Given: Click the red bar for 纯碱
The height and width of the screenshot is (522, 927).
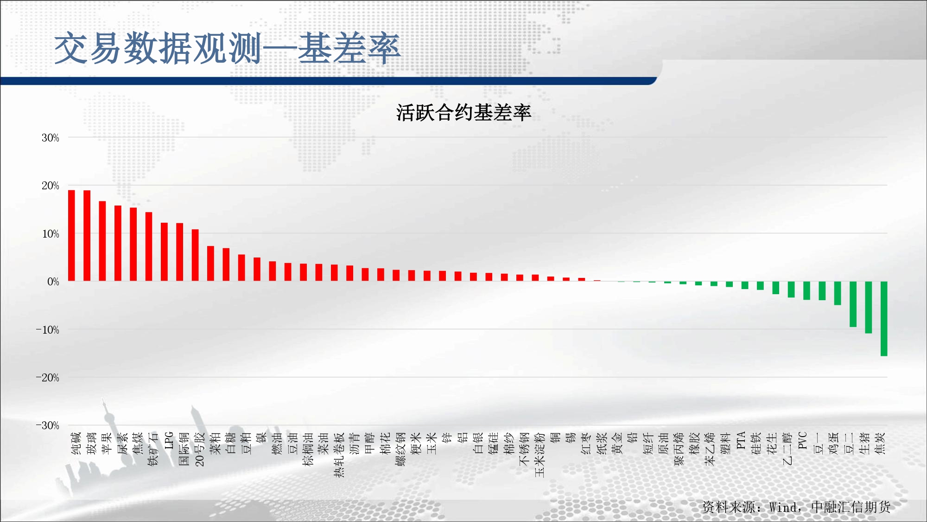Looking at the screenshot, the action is click(71, 236).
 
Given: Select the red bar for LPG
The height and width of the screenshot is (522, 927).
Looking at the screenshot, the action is click(164, 252).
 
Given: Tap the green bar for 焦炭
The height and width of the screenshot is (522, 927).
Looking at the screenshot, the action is click(884, 319).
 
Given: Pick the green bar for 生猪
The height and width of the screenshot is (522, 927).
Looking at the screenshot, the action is click(869, 308).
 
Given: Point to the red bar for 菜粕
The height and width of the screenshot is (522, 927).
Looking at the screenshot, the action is click(210, 264).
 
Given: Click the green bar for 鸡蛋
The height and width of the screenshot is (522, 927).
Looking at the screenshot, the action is click(838, 293).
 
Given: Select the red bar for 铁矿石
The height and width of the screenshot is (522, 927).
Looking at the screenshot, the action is click(149, 247).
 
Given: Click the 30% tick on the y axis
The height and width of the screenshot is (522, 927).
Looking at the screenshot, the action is click(51, 138).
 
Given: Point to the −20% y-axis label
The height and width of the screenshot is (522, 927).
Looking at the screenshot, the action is click(48, 378).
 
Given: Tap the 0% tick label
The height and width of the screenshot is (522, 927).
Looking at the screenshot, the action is click(53, 282).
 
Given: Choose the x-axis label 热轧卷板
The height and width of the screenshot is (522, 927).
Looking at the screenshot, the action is click(339, 455).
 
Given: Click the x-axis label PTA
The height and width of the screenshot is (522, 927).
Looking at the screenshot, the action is click(741, 440).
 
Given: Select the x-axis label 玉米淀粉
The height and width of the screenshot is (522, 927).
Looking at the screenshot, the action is click(540, 455).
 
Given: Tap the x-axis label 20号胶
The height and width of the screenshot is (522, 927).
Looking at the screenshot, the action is click(200, 449).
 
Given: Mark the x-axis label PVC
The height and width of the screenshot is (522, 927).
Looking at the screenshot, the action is click(802, 440).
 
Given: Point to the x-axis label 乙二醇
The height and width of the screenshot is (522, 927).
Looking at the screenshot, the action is click(787, 449).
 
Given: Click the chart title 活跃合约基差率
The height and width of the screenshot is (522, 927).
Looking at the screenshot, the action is click(463, 113).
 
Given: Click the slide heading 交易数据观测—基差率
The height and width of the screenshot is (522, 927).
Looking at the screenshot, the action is click(227, 48).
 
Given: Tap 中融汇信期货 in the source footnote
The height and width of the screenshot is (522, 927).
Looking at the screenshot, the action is click(851, 507).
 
